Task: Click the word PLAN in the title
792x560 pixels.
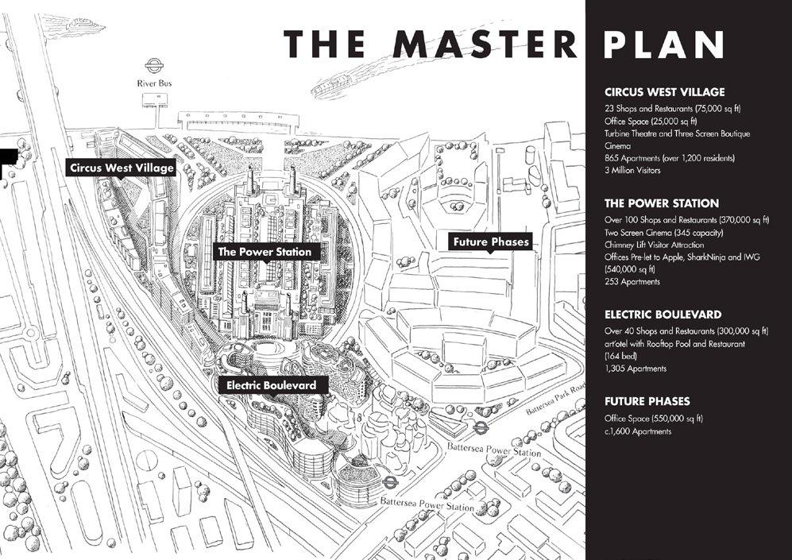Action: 663,44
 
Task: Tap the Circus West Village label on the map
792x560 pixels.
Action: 122,168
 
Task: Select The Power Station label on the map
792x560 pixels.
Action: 265,252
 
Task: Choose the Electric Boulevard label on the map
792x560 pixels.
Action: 271,385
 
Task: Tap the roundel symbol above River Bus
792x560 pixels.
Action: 153,66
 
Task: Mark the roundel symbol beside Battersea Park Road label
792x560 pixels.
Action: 480,427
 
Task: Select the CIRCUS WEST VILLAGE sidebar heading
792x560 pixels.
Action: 664,92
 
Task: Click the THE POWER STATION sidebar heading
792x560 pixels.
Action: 662,203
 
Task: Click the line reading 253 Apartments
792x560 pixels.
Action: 632,282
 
